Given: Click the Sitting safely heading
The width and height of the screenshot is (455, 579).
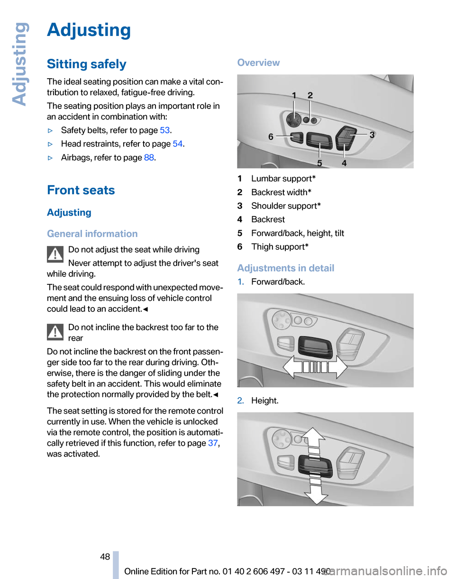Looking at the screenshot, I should click(x=87, y=64).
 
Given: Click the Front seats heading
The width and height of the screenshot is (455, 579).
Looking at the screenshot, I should click(x=81, y=190).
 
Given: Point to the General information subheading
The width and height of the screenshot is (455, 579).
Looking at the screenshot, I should click(x=92, y=234).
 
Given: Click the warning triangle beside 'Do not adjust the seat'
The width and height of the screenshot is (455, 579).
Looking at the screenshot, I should click(x=55, y=254).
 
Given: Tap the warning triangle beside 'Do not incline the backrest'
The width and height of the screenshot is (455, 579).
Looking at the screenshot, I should click(x=55, y=333).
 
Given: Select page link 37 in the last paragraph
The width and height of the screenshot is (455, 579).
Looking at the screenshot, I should click(x=212, y=443).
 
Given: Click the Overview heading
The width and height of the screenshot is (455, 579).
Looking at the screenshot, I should click(x=258, y=63).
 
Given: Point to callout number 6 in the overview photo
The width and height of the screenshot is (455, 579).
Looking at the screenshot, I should click(x=271, y=136).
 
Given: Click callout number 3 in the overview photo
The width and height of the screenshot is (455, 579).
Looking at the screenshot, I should click(x=372, y=135).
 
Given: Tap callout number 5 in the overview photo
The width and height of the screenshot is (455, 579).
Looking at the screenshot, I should click(x=320, y=163).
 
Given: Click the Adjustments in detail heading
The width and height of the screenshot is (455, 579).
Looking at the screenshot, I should click(x=285, y=268).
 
